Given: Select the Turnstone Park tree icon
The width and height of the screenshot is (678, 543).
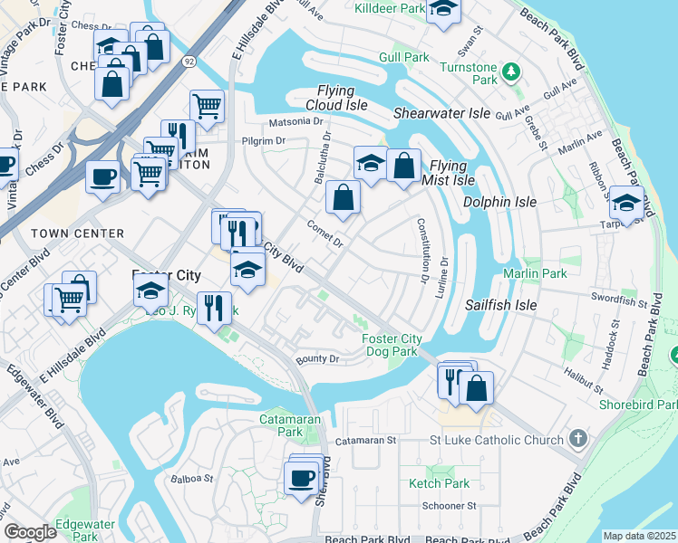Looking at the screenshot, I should click(x=512, y=70).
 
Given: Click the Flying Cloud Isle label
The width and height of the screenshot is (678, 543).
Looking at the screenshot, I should click(x=342, y=98).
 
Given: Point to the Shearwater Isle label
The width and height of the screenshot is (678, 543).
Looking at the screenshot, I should click(x=441, y=113).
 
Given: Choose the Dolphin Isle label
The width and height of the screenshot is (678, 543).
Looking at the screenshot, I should click(x=499, y=202).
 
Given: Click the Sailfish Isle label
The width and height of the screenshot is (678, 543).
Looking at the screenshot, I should click(x=500, y=306).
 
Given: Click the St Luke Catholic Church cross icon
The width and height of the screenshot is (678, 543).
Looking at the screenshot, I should click(x=577, y=440).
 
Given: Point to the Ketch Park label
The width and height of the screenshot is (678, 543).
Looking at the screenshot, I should click(x=439, y=483).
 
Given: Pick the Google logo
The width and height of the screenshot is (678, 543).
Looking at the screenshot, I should click(x=30, y=532).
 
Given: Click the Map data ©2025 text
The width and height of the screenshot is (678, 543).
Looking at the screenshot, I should click(x=639, y=536).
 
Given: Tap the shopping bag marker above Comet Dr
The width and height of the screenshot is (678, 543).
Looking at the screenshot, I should click(x=343, y=197).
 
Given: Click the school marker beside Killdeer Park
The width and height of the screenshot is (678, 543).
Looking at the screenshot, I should click(x=442, y=8).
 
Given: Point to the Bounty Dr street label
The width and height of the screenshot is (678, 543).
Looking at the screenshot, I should click(x=317, y=359).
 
